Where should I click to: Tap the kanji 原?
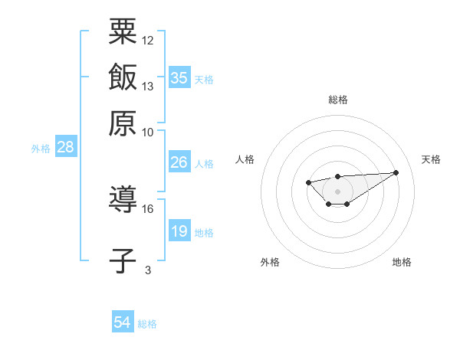point(123,122)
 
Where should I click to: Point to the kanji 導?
point(123,201)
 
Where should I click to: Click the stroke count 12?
point(148,40)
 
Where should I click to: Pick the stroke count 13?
point(148,86)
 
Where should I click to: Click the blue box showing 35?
point(179,78)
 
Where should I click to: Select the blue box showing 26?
point(179,162)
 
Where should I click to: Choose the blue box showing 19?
point(179,231)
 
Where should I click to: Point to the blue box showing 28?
point(65,148)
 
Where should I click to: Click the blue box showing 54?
point(123,323)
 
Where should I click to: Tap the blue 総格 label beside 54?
point(147,324)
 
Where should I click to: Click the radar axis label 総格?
point(337,100)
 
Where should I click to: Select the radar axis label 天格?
point(431,159)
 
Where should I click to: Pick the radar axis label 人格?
point(245,159)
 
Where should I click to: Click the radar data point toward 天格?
point(396,172)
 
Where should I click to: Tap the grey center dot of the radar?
point(337,191)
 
